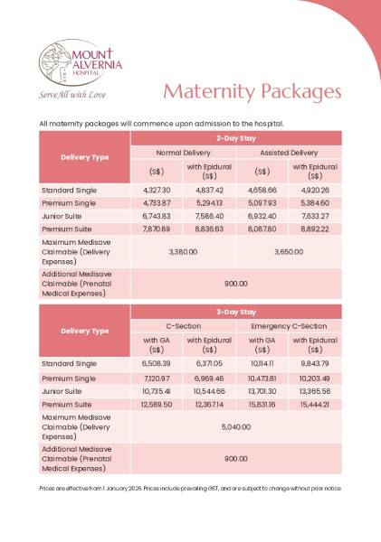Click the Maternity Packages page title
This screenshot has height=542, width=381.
[x=252, y=92]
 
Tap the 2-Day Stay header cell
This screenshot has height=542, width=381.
[x=236, y=137]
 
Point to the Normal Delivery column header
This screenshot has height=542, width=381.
[x=183, y=153]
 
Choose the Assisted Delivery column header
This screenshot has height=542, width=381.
[x=289, y=153]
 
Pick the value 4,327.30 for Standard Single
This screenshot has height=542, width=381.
[x=157, y=191]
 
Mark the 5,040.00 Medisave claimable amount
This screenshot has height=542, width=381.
[x=236, y=425]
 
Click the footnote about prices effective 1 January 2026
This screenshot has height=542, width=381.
[x=190, y=489]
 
